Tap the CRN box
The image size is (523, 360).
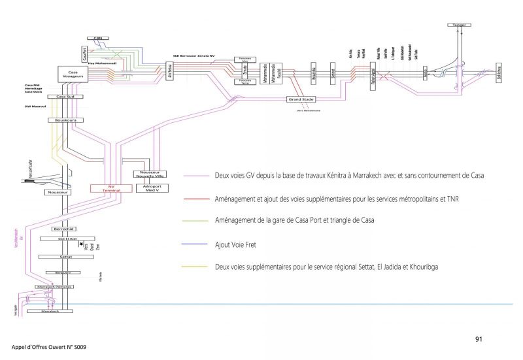99,39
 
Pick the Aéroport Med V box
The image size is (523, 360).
151,188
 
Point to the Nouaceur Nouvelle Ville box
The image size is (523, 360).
151,174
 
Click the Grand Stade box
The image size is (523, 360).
301,99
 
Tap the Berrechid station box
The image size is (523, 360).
64,229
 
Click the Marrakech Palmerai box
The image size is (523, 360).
54,287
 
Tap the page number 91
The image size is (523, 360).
479,339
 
